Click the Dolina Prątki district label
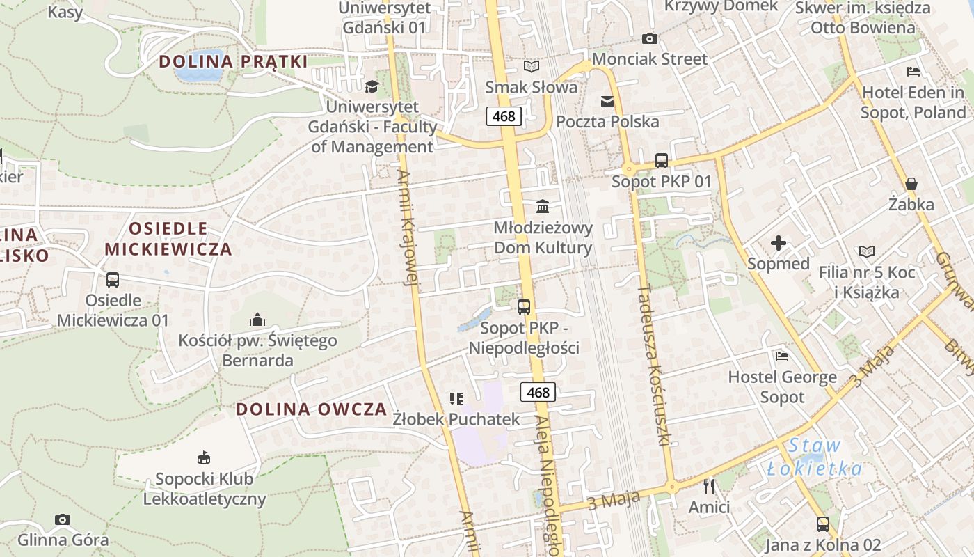click(233, 61)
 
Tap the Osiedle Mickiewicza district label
click(168, 238)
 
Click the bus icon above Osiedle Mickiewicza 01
click(113, 280)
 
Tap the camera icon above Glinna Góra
click(63, 519)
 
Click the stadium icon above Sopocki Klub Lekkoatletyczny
click(204, 458)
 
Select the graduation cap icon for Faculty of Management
click(372, 86)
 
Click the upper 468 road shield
click(504, 116)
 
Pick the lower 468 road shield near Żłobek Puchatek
click(538, 392)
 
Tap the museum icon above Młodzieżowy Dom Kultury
click(543, 207)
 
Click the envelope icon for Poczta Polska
click(607, 102)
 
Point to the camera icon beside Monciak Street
click(649, 38)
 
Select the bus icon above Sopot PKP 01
click(661, 161)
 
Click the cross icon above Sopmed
click(779, 243)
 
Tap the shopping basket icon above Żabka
click(911, 184)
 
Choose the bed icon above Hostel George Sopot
click(782, 356)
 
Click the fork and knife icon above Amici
click(709, 486)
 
